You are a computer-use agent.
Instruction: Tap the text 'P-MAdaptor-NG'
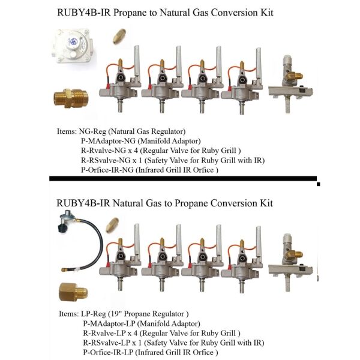111,141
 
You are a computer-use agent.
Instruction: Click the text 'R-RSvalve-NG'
109,161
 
